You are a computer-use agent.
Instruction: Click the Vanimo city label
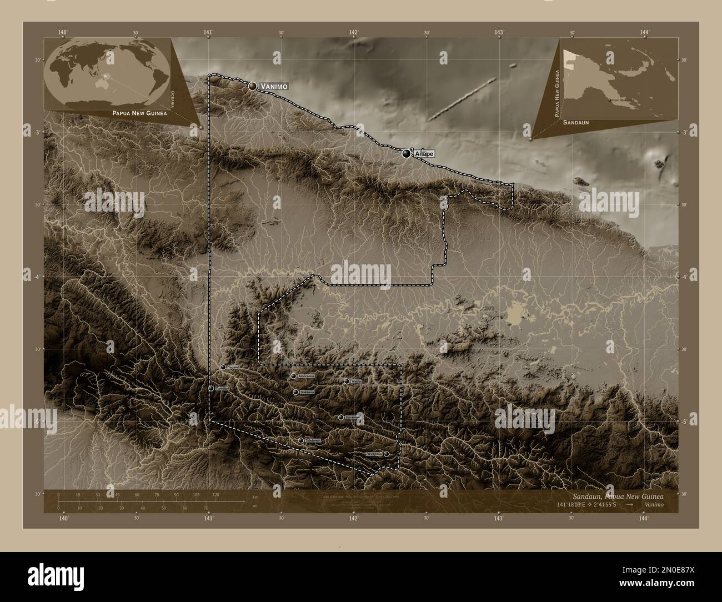click(x=273, y=86)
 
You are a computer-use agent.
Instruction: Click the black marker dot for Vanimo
click(x=253, y=86)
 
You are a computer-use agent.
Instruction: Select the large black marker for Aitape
click(x=407, y=154)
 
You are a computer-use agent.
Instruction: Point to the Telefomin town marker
click(x=300, y=440)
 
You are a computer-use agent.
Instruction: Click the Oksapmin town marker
click(x=387, y=454)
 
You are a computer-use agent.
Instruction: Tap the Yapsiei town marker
click(x=223, y=367)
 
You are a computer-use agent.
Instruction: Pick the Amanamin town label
click(x=307, y=377)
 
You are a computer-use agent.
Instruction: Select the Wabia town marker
click(x=347, y=382)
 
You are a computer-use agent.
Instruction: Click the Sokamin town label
click(x=307, y=393)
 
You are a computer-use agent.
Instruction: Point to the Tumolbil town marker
click(x=211, y=388)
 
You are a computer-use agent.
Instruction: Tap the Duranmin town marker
click(x=340, y=417)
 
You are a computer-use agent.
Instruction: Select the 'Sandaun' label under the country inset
click(x=575, y=122)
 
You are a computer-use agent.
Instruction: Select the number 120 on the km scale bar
click(x=215, y=494)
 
